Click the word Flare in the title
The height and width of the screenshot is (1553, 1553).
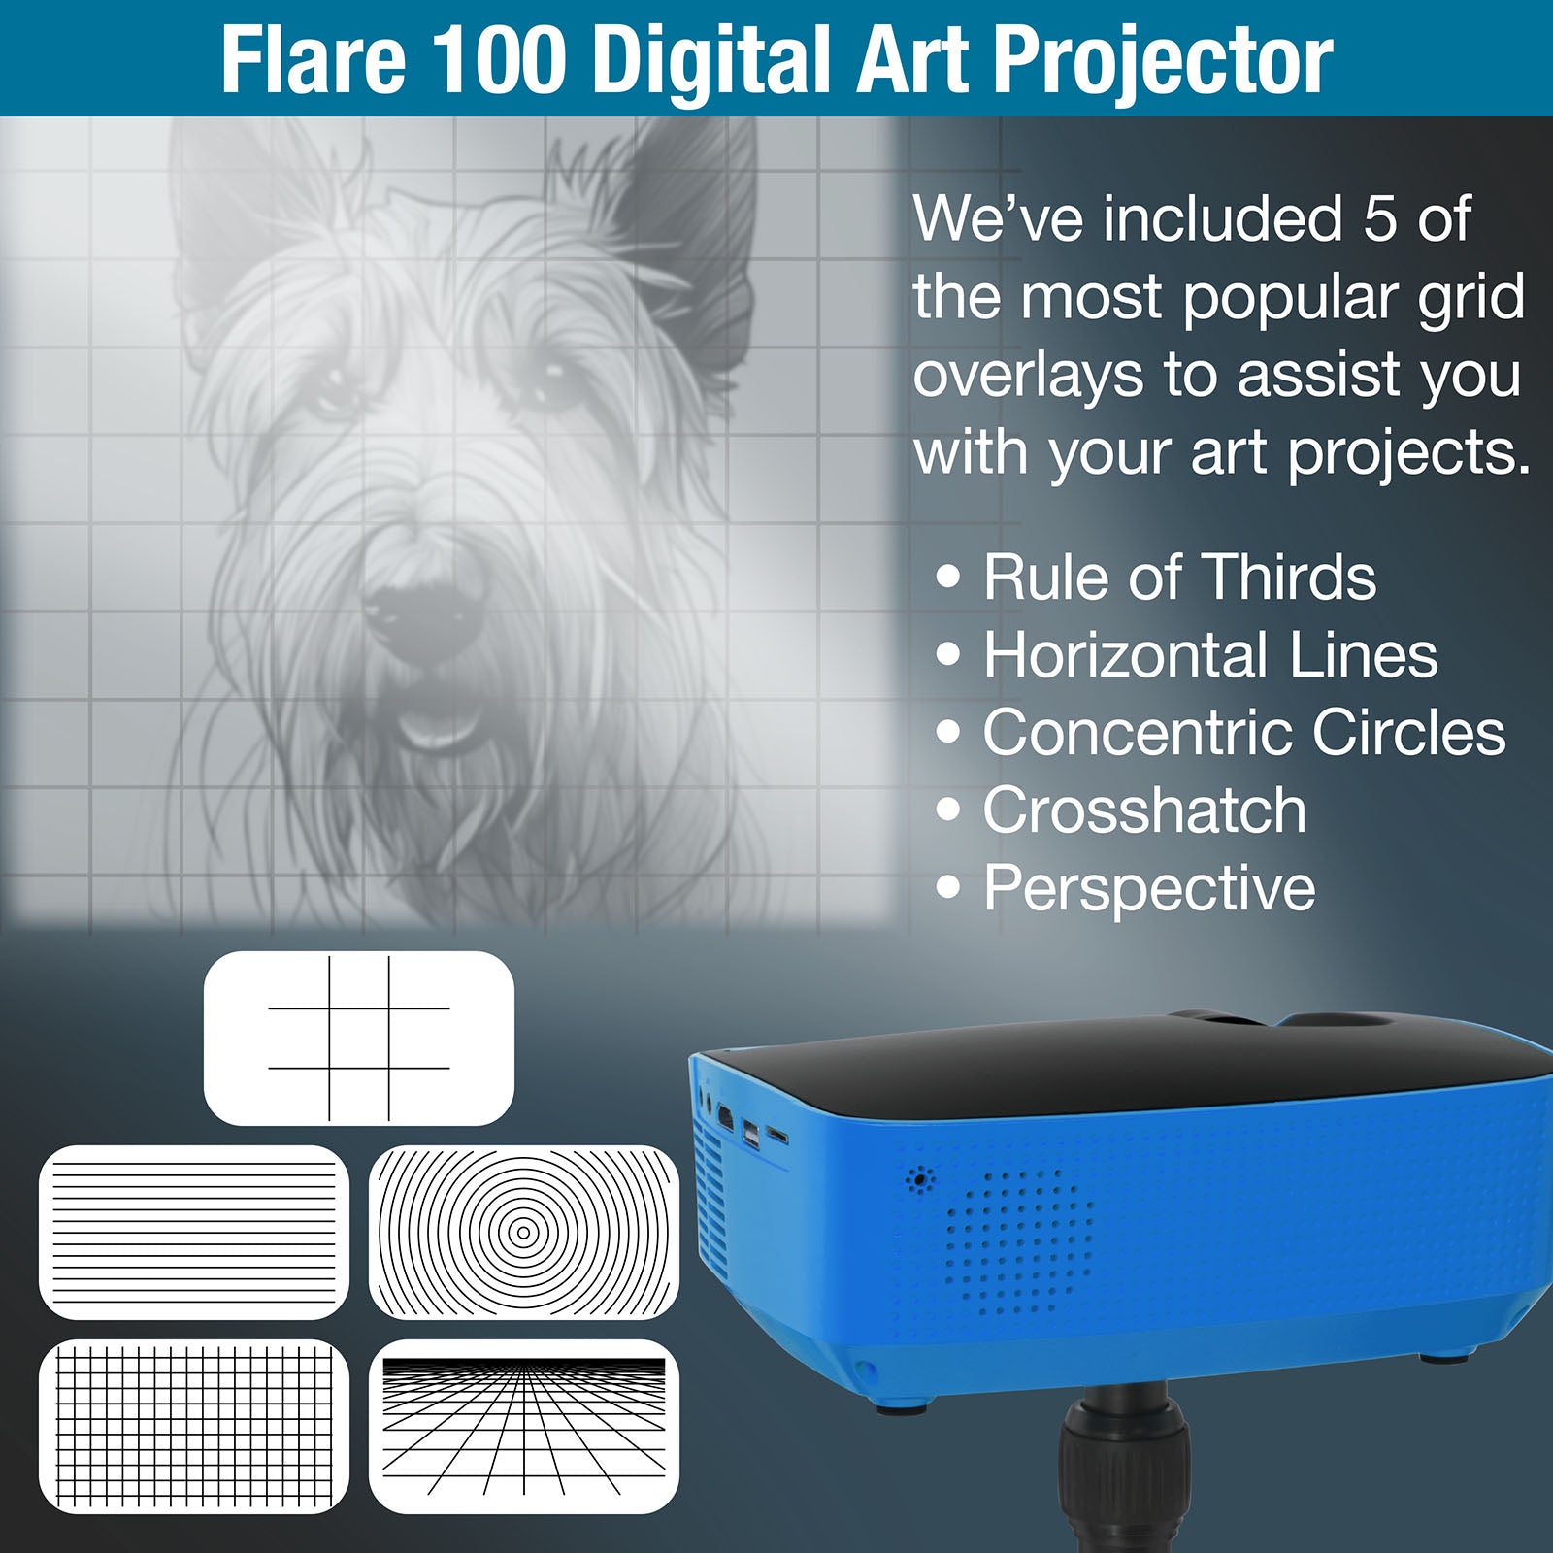[x=313, y=60]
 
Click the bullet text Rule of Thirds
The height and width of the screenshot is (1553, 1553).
[x=1179, y=578]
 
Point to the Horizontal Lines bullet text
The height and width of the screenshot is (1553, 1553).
[x=1210, y=655]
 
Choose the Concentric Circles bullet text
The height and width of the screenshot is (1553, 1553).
[x=1243, y=733]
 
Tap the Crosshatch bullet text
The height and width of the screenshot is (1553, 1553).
[x=1144, y=810]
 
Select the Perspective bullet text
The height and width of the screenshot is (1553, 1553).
[x=1149, y=888]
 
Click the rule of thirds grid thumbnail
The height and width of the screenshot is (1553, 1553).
[x=359, y=1039]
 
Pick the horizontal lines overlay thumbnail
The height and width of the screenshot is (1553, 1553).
[x=194, y=1233]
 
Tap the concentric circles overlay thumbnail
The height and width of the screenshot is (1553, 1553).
[x=524, y=1233]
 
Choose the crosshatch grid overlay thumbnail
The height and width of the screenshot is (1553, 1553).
[x=194, y=1427]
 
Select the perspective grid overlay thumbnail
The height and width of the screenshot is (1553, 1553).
[x=524, y=1427]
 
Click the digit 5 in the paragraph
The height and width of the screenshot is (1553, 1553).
[x=1379, y=219]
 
